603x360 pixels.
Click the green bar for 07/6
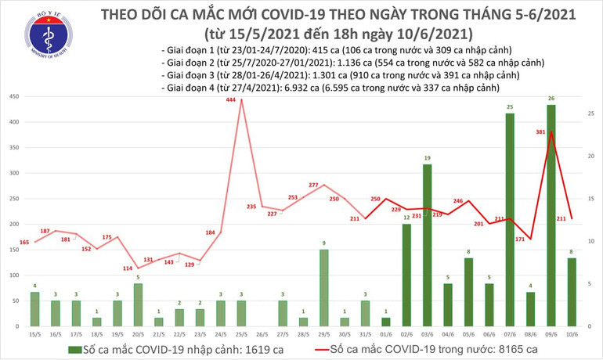pos(510,219)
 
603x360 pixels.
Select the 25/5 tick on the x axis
pos(242,333)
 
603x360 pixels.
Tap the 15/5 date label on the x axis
pos(34,333)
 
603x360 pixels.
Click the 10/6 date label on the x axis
pos(572,333)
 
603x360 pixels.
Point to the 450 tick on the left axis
pos(14,96)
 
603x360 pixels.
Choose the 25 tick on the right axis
pos(590,113)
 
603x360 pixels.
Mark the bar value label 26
pos(551,99)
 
